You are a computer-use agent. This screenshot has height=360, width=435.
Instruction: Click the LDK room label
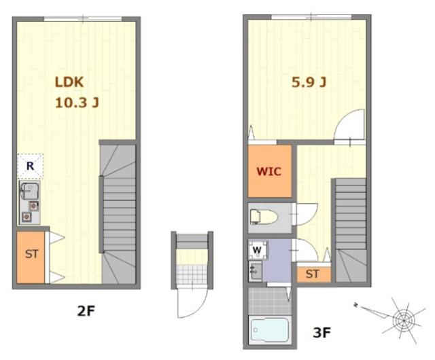pyautogui.click(x=69, y=82)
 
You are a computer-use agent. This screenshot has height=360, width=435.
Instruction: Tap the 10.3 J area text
pyautogui.click(x=77, y=103)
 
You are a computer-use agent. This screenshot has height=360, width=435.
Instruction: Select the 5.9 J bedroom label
pyautogui.click(x=309, y=82)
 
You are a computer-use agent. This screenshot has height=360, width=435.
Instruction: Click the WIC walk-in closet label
pyautogui.click(x=269, y=171)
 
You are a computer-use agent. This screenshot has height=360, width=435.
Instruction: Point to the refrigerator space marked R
pyautogui.click(x=30, y=166)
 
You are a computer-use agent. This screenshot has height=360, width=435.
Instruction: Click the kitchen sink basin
pyautogui.click(x=29, y=191)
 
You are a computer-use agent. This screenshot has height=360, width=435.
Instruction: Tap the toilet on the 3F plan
pyautogui.click(x=264, y=217)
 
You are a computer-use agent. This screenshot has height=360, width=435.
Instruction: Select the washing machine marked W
pyautogui.click(x=258, y=249)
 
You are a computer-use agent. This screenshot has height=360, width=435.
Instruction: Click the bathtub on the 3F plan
pyautogui.click(x=269, y=330)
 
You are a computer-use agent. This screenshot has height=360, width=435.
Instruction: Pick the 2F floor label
pyautogui.click(x=86, y=311)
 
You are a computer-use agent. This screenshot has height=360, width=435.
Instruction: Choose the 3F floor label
pyautogui.click(x=321, y=332)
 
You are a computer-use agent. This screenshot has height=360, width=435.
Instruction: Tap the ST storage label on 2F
pyautogui.click(x=32, y=254)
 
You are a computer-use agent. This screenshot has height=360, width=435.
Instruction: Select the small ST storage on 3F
pyautogui.click(x=313, y=274)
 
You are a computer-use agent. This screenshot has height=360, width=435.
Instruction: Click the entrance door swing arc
pyautogui.click(x=199, y=308)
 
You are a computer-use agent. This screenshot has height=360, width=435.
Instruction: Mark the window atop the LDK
pyautogui.click(x=83, y=19)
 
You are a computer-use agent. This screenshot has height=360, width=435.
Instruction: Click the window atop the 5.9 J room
pyautogui.click(x=311, y=16)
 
